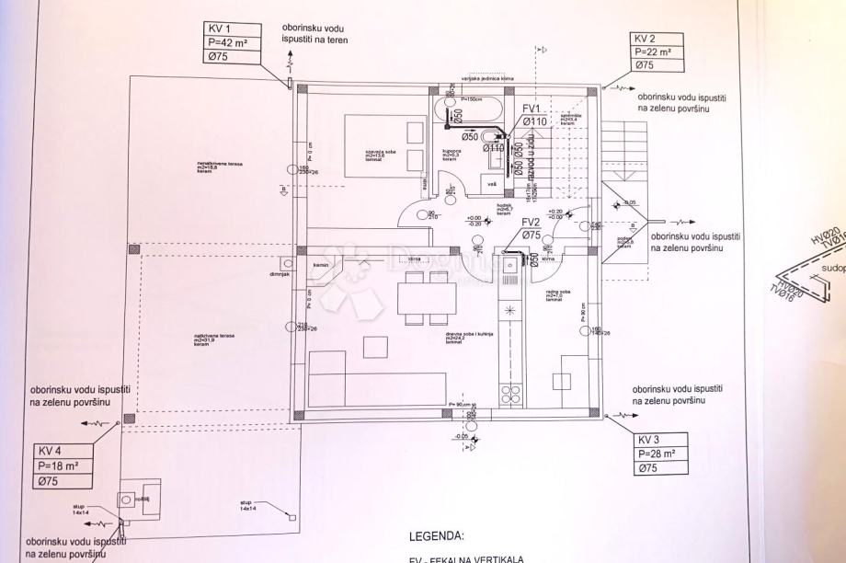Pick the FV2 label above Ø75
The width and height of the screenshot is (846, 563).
coord(531,223)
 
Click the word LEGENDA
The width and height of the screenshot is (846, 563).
coord(437,534)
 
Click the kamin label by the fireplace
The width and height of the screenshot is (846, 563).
coord(320,266)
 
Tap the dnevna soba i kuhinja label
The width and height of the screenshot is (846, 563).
coord(456,335)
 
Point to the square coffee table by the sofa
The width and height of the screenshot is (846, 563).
coord(374,347)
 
